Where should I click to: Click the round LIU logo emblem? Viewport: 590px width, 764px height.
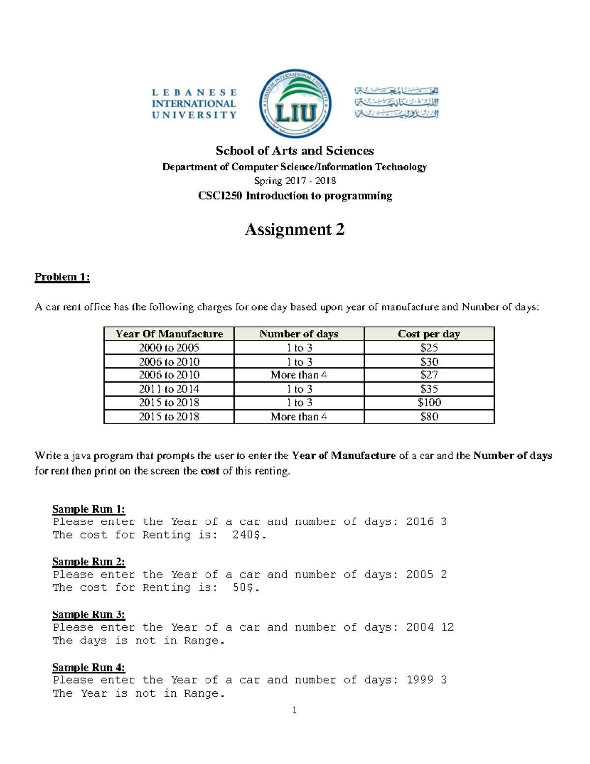coord(295,104)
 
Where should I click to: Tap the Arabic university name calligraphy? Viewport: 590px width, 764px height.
coord(396,103)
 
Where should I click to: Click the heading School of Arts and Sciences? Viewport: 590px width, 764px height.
coord(295,151)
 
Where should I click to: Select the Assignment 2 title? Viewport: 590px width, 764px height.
coord(295,229)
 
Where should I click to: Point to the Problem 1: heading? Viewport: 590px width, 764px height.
coord(62,277)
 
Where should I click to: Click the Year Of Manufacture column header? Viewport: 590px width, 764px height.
coord(169,334)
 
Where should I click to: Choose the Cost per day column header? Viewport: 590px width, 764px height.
coord(429,334)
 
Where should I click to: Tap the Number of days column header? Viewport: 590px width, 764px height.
coord(299,334)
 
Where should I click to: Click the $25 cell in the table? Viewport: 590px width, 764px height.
coord(429,348)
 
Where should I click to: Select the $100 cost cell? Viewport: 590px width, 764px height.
coord(429,402)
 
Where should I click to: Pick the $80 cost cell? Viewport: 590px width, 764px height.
coord(429,417)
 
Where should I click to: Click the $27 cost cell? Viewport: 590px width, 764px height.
coord(429,375)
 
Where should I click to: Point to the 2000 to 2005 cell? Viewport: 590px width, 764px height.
coord(169,348)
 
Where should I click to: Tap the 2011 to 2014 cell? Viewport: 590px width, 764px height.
coord(169,389)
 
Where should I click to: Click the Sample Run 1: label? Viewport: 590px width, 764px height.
coord(88,509)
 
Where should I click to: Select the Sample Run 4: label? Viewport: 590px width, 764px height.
coord(88,667)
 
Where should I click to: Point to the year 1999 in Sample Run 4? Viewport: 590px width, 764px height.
coord(419,680)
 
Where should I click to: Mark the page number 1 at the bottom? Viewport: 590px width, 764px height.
coord(294,710)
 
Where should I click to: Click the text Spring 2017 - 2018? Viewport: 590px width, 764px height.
coord(295,181)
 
